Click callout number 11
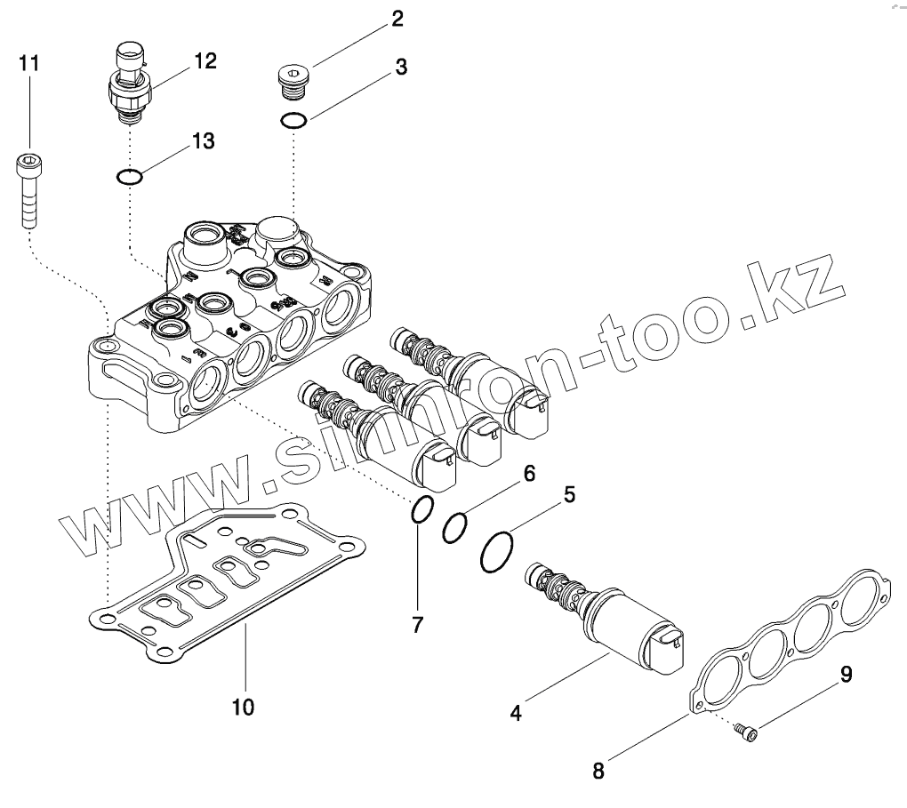click(29, 63)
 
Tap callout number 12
click(205, 60)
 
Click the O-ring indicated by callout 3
click(294, 120)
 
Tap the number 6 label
click(528, 474)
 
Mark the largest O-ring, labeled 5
click(497, 552)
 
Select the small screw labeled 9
click(747, 732)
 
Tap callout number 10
click(243, 707)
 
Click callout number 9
click(846, 676)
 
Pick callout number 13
click(203, 140)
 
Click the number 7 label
click(417, 624)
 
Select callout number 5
click(570, 494)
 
